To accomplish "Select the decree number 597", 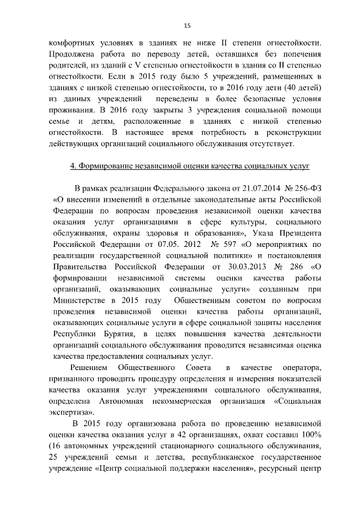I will [x=216, y=245].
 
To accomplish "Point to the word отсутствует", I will [x=271, y=144].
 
